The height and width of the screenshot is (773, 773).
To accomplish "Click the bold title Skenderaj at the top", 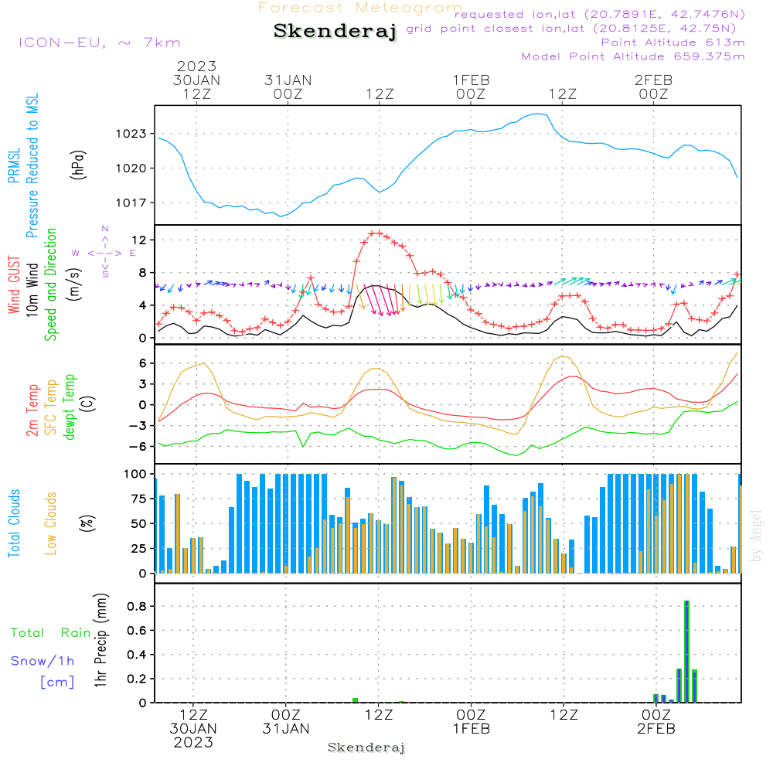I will coord(335,32).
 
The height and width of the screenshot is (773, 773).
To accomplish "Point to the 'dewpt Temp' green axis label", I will coord(70,407).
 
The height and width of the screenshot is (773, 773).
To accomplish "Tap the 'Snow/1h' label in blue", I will coord(43,661).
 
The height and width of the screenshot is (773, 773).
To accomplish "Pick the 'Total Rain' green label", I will coord(50,633).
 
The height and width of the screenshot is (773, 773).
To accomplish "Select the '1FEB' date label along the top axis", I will coord(471,80).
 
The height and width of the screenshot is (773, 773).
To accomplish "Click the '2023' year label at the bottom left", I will coord(193,742).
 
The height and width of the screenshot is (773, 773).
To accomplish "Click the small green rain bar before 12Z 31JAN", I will coord(355,700).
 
